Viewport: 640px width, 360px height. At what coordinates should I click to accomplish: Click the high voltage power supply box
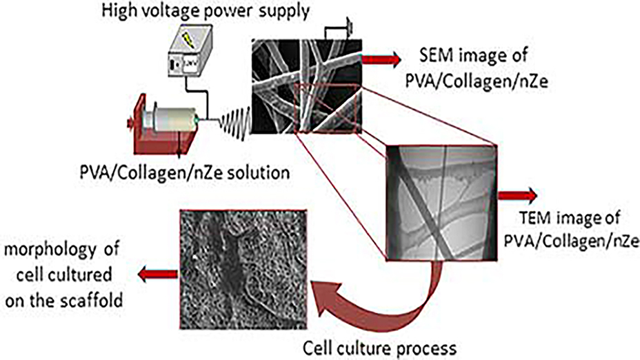click(192, 59)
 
